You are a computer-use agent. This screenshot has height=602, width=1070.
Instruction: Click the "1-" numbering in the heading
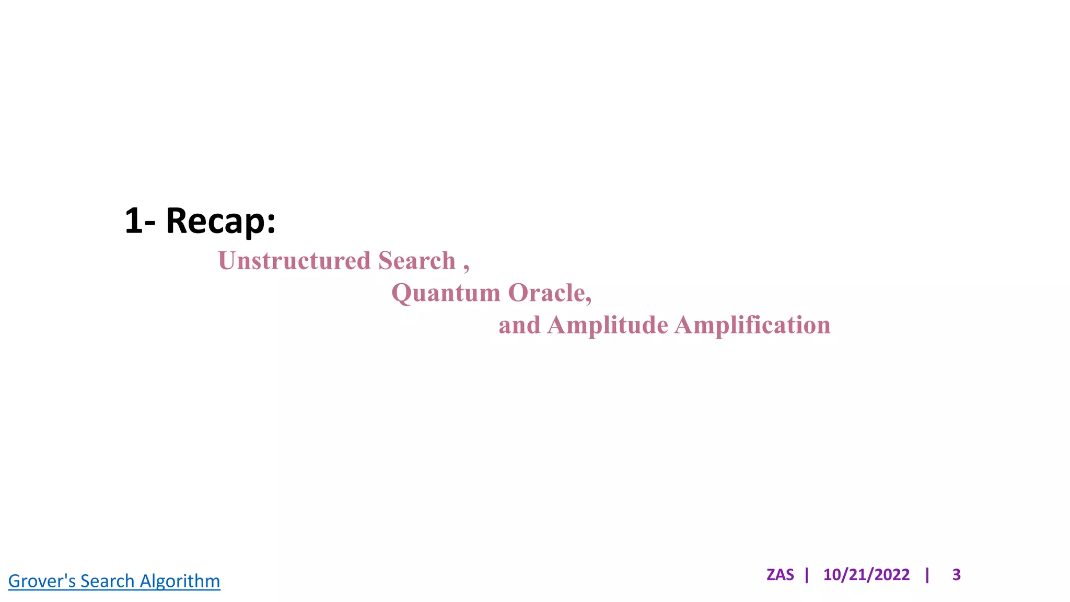pyautogui.click(x=140, y=221)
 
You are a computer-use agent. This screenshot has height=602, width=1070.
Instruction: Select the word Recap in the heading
pyautogui.click(x=215, y=221)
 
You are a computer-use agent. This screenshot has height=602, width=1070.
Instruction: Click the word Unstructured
pyautogui.click(x=294, y=261)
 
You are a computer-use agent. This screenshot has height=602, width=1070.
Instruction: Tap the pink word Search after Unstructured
pyautogui.click(x=416, y=261)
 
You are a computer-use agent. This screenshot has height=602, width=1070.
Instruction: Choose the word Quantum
pyautogui.click(x=446, y=293)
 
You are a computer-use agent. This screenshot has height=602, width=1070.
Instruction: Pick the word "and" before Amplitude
pyautogui.click(x=519, y=325)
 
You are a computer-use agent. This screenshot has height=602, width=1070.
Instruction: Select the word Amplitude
pyautogui.click(x=608, y=325)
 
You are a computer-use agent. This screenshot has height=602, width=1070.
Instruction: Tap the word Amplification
pyautogui.click(x=752, y=325)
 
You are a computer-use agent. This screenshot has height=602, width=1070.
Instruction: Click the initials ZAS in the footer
pyautogui.click(x=780, y=575)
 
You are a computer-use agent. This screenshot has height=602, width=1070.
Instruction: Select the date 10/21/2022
pyautogui.click(x=866, y=575)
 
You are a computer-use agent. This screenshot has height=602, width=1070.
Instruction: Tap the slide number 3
pyautogui.click(x=957, y=575)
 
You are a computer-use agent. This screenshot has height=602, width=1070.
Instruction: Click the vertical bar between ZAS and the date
pyautogui.click(x=807, y=575)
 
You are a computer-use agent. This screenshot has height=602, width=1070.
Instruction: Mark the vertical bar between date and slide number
pyautogui.click(x=927, y=575)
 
